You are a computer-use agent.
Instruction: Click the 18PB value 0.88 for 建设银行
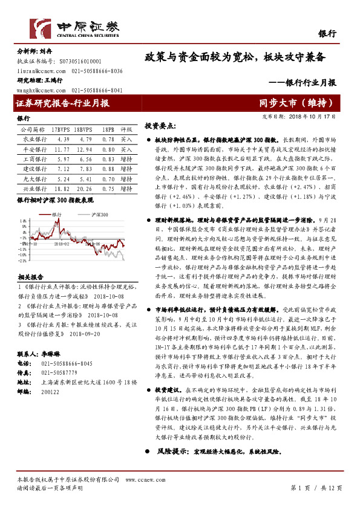pos(108,169)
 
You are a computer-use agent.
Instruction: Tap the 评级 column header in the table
pos(126,129)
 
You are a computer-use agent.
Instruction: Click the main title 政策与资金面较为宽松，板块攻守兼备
pos(235,57)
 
